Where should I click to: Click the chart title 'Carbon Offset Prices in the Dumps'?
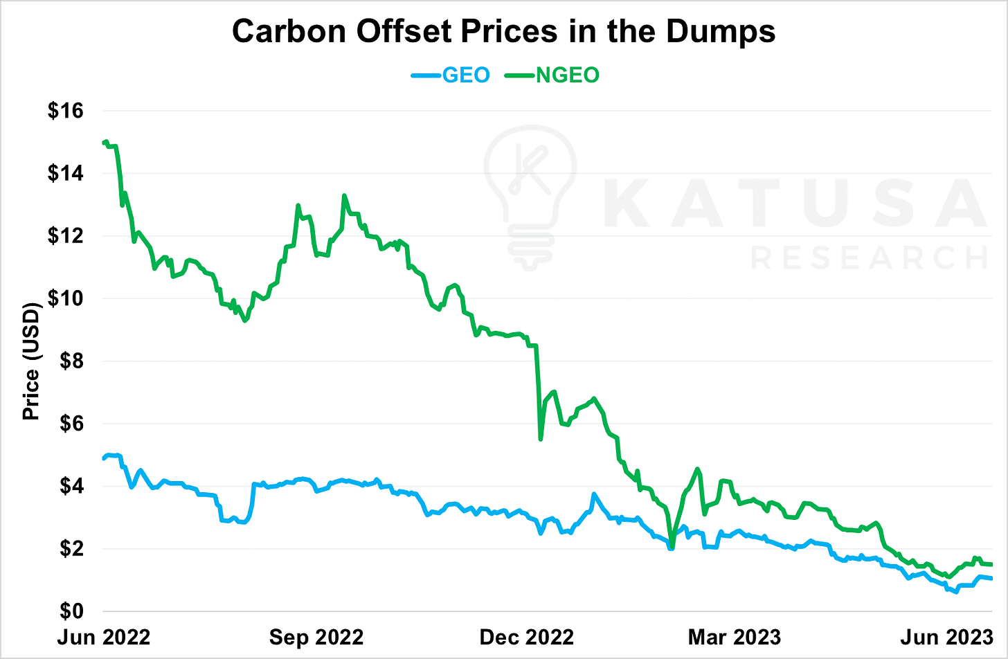[x=503, y=32]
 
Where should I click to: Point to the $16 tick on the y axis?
[x=65, y=111]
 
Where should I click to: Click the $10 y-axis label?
[x=65, y=298]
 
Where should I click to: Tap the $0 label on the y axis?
[x=72, y=612]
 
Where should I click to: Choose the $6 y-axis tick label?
[x=72, y=424]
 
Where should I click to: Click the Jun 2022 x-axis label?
[x=104, y=636]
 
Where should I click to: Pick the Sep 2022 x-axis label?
[x=316, y=636]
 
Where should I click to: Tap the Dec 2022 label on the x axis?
[x=527, y=636]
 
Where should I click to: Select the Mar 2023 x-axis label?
[x=734, y=636]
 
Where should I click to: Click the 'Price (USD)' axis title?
[x=31, y=361]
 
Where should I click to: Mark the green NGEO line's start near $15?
[x=105, y=142]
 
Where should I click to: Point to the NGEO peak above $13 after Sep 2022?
[x=344, y=196]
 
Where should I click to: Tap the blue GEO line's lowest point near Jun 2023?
[x=957, y=592]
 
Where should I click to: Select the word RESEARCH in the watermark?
[x=869, y=258]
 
